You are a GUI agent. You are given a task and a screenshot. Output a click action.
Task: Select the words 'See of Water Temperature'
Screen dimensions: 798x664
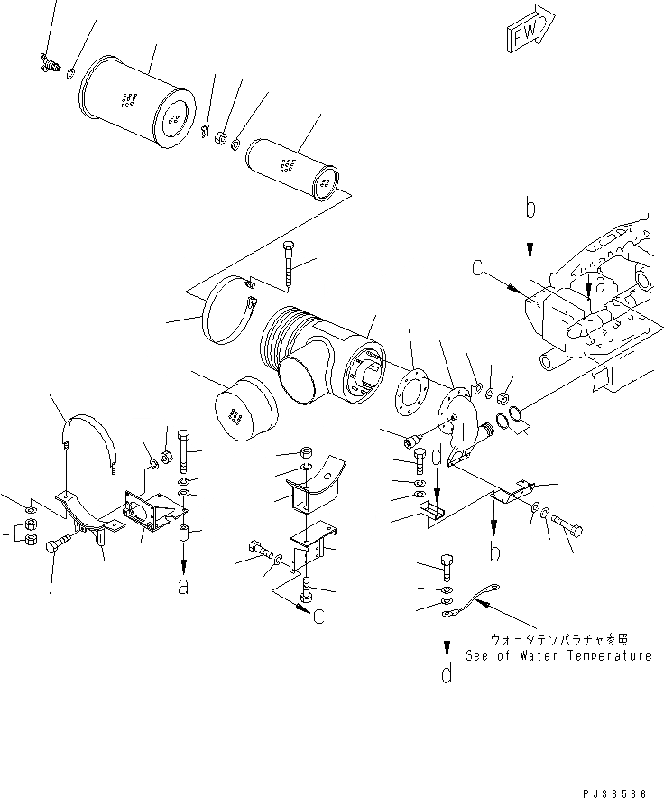(558, 656)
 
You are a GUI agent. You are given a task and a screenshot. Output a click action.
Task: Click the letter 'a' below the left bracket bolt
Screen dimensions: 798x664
(183, 587)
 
